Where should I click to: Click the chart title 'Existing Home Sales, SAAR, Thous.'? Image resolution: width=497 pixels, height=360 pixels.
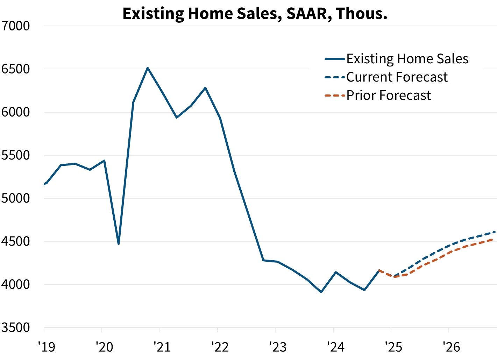[255, 14]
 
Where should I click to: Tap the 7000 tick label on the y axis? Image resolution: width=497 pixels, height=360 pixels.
[16, 26]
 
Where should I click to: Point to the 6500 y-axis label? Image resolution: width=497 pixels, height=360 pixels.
[16, 69]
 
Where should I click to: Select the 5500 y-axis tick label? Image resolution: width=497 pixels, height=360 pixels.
[16, 155]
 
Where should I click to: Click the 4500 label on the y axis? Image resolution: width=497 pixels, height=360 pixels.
[16, 241]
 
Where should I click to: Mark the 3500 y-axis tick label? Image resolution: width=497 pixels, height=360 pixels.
[16, 328]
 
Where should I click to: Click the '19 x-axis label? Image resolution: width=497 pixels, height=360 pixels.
[47, 347]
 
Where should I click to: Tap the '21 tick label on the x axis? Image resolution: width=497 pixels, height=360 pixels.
[162, 347]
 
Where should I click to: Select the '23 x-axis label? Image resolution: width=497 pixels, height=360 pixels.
[278, 347]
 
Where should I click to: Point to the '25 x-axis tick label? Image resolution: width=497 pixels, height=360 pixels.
[393, 347]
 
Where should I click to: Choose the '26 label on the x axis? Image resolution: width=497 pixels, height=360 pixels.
[451, 347]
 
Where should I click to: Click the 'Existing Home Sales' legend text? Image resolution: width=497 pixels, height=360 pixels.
[407, 59]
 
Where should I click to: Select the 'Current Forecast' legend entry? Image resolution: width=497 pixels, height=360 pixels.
[397, 77]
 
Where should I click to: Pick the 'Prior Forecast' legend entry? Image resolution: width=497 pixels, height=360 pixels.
[388, 95]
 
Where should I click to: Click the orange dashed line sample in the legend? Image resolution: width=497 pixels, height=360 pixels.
[335, 96]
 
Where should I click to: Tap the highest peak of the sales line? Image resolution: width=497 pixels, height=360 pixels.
[148, 68]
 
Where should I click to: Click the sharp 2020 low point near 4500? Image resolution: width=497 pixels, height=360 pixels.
[119, 243]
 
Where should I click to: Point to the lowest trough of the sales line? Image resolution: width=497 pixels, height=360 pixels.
[321, 292]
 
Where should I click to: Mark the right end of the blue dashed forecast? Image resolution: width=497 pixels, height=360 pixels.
[495, 232]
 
